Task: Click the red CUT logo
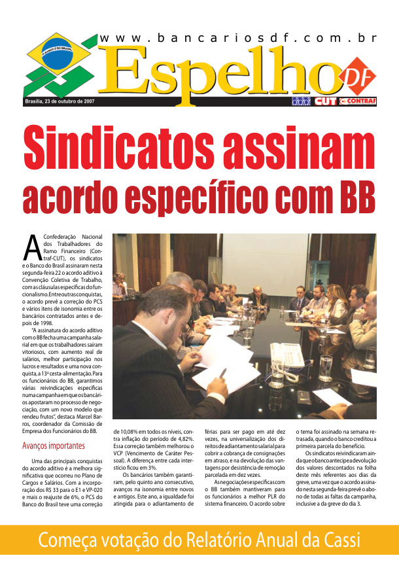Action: click(325, 101)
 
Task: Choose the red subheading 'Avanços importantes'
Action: click(53, 446)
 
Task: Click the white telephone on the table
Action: click(287, 355)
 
